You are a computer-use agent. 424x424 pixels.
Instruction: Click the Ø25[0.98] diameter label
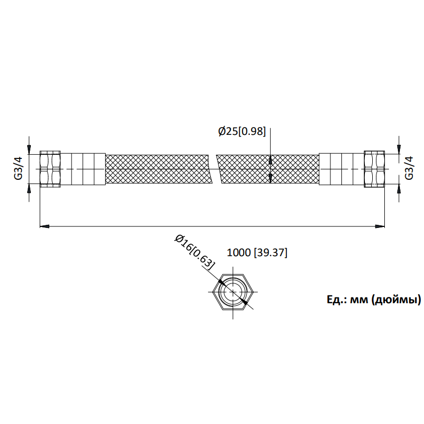(x=242, y=132)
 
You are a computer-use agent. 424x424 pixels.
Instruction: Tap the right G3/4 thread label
(x=409, y=168)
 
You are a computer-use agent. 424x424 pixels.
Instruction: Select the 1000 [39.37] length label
(x=257, y=253)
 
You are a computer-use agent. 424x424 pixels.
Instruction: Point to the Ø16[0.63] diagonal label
(x=195, y=252)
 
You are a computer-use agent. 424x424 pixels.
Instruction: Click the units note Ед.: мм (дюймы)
(x=374, y=300)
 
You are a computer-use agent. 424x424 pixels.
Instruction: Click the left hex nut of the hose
(x=50, y=169)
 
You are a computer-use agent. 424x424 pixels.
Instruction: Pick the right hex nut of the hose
(x=374, y=169)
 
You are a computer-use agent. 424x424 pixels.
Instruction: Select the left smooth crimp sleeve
(x=83, y=169)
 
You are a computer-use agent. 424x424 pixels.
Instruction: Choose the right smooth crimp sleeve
(x=341, y=169)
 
